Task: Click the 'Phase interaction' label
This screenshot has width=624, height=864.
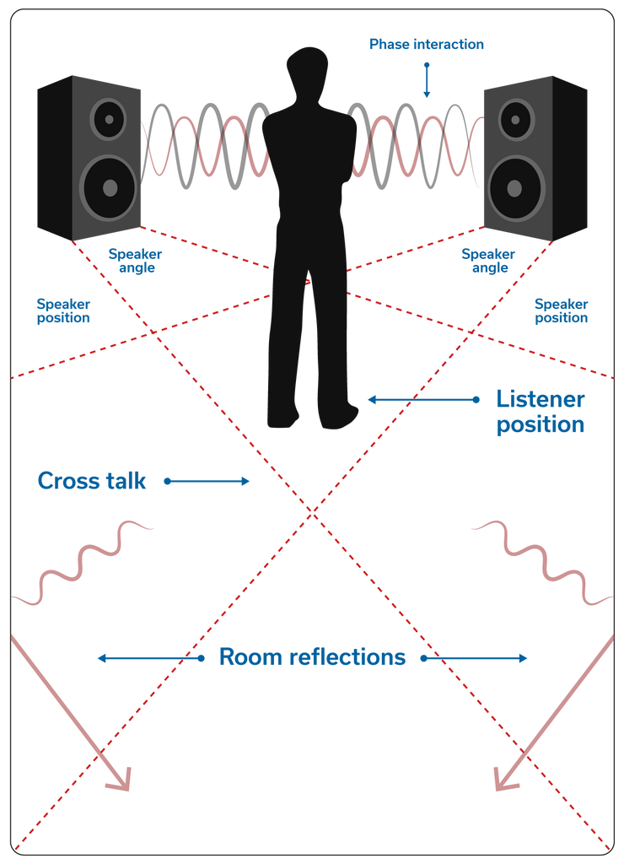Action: [426, 44]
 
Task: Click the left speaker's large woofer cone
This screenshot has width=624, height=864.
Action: [109, 187]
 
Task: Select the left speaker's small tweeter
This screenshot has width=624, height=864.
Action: [108, 118]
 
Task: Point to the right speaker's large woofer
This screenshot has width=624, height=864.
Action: [515, 187]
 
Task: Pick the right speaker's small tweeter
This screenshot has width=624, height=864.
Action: [516, 119]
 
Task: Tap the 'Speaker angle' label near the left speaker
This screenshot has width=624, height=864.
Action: [135, 261]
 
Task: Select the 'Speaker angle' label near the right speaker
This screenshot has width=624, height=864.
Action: [488, 261]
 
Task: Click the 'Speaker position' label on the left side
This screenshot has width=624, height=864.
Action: [63, 310]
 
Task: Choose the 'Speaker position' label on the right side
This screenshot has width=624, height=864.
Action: [562, 310]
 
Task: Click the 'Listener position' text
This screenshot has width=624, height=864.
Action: [540, 411]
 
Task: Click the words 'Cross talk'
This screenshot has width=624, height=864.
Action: [92, 481]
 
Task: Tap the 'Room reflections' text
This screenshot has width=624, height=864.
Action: [312, 657]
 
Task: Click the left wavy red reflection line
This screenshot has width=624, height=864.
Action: [84, 562]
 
